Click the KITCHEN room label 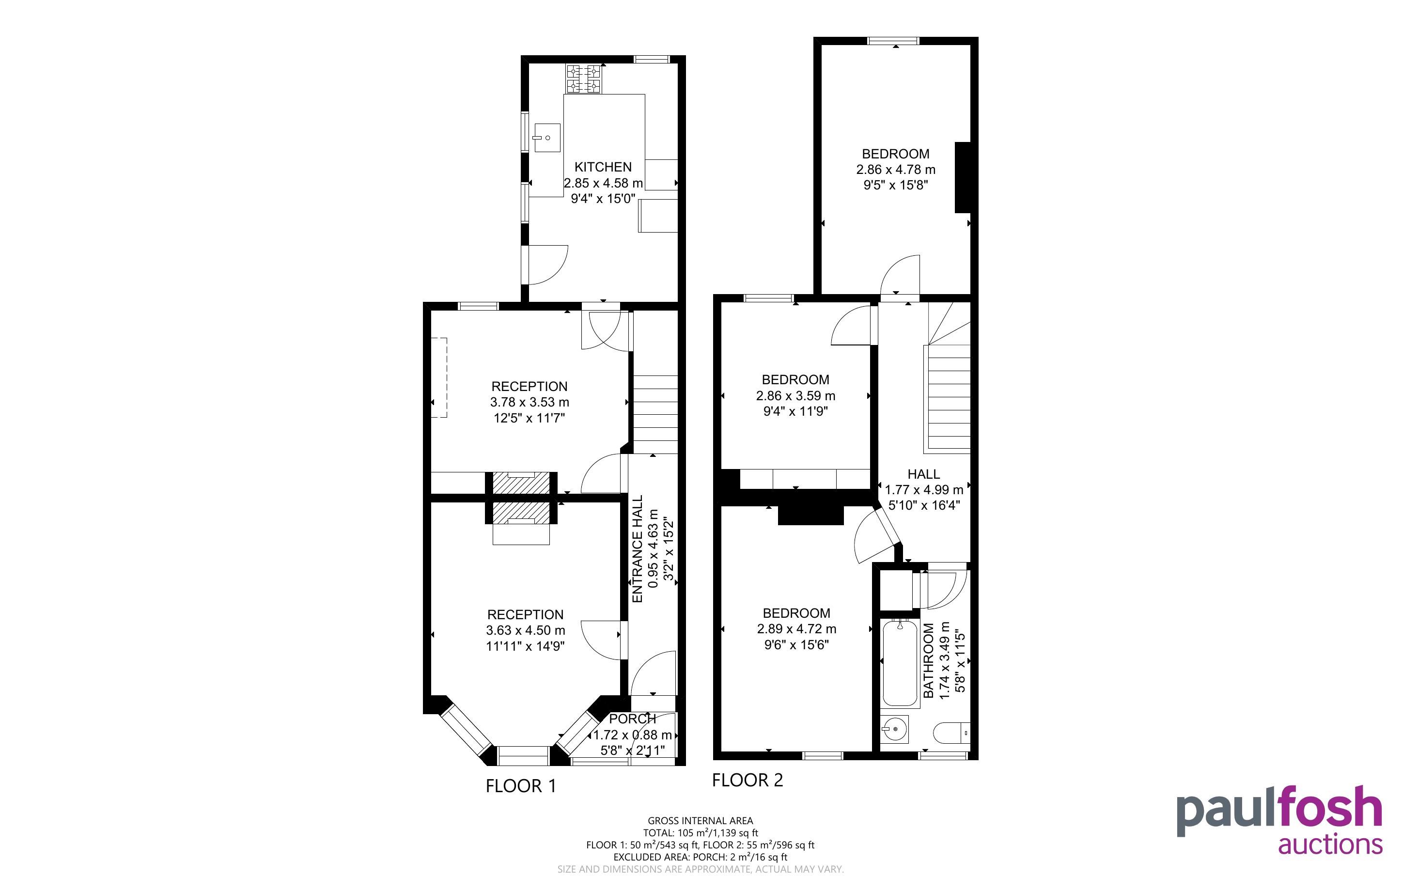click(x=603, y=167)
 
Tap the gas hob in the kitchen click(x=584, y=79)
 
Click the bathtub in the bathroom click(x=900, y=664)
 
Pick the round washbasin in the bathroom click(x=895, y=729)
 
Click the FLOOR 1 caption click(x=521, y=786)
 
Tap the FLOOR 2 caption click(x=747, y=781)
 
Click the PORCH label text click(x=632, y=719)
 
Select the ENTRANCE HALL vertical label click(x=638, y=548)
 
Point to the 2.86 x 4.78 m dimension click(x=896, y=170)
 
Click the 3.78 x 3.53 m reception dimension click(x=530, y=402)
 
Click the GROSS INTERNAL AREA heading click(x=700, y=820)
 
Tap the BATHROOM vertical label click(x=929, y=660)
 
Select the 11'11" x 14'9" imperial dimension click(x=525, y=646)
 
